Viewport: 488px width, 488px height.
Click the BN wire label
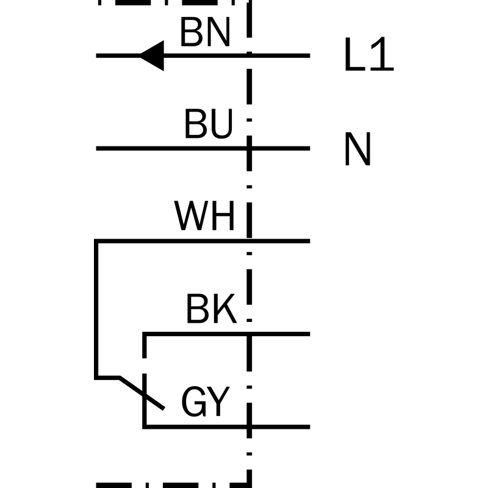coord(206,32)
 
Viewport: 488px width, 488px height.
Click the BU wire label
coord(209,124)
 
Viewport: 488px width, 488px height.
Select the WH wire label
coord(204,216)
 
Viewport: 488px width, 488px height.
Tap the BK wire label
coord(212,309)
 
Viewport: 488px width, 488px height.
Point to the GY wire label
coord(206,401)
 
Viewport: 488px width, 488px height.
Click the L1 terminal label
coord(370,54)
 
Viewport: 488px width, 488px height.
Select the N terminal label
coord(358,149)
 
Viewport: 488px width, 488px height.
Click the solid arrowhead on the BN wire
coord(152,56)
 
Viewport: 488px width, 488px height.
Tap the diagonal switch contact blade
coord(142,393)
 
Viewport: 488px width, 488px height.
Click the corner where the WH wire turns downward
coord(96,241)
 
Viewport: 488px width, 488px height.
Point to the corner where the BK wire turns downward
coord(145,334)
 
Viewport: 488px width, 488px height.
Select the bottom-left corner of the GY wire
coord(145,426)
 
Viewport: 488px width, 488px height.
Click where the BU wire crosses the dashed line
coord(249,148)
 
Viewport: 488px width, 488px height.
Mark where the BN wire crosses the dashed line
coord(249,56)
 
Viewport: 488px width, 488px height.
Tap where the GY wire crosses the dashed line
coord(249,426)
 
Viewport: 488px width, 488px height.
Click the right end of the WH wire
coord(310,241)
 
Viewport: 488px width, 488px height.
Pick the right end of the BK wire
coord(310,334)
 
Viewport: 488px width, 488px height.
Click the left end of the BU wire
coord(96,148)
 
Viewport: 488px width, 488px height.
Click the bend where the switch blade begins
coord(120,378)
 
